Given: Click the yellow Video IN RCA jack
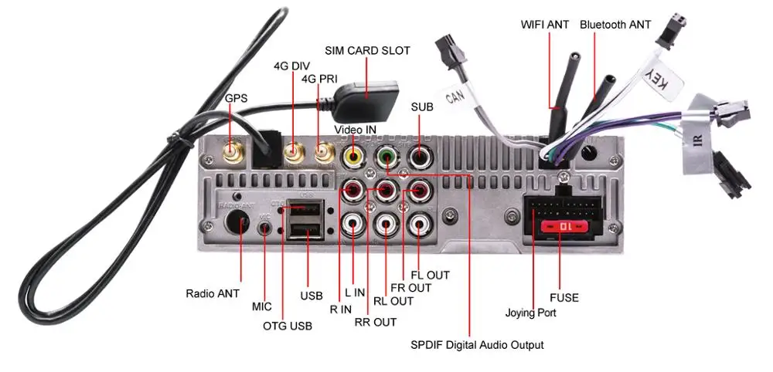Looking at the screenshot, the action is (x=353, y=157).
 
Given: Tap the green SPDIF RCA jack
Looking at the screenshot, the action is (x=386, y=157).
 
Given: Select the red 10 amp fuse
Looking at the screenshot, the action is (x=563, y=227).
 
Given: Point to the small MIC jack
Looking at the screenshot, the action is (x=265, y=228).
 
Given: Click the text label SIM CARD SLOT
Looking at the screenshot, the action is (x=367, y=51).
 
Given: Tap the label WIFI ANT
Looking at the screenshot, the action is (x=545, y=25).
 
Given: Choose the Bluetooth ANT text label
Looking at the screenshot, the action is (x=615, y=25).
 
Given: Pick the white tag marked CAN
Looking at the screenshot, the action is (x=454, y=96).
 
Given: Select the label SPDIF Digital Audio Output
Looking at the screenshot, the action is (x=477, y=345).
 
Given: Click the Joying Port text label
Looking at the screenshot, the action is (x=531, y=313).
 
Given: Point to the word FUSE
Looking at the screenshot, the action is (x=564, y=298).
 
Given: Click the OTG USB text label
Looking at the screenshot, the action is (x=288, y=326).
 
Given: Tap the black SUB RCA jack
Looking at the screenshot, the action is (x=419, y=157).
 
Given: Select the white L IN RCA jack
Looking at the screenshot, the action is (x=353, y=224).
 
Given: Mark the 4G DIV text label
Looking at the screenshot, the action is (x=292, y=66).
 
